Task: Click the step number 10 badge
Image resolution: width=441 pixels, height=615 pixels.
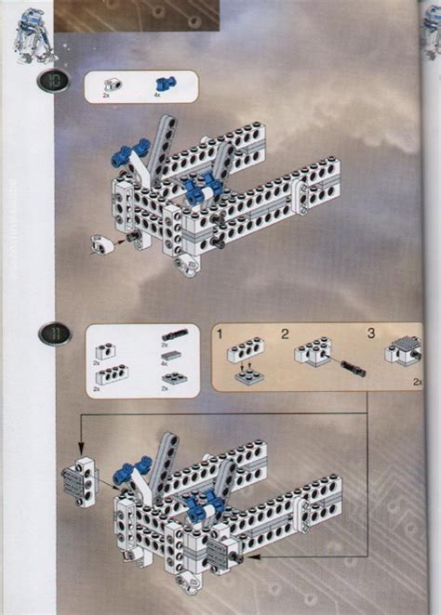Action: click(x=50, y=82)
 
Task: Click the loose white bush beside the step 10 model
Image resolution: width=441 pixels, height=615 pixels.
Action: click(x=105, y=243)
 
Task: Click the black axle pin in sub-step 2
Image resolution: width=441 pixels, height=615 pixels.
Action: click(x=353, y=369)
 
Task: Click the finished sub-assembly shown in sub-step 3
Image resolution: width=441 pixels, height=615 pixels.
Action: click(x=403, y=351)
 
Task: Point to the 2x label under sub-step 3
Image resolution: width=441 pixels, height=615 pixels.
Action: click(x=417, y=380)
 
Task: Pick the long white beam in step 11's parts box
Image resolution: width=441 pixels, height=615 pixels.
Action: click(x=112, y=373)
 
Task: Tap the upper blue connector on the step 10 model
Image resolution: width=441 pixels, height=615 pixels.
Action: click(x=135, y=146)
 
